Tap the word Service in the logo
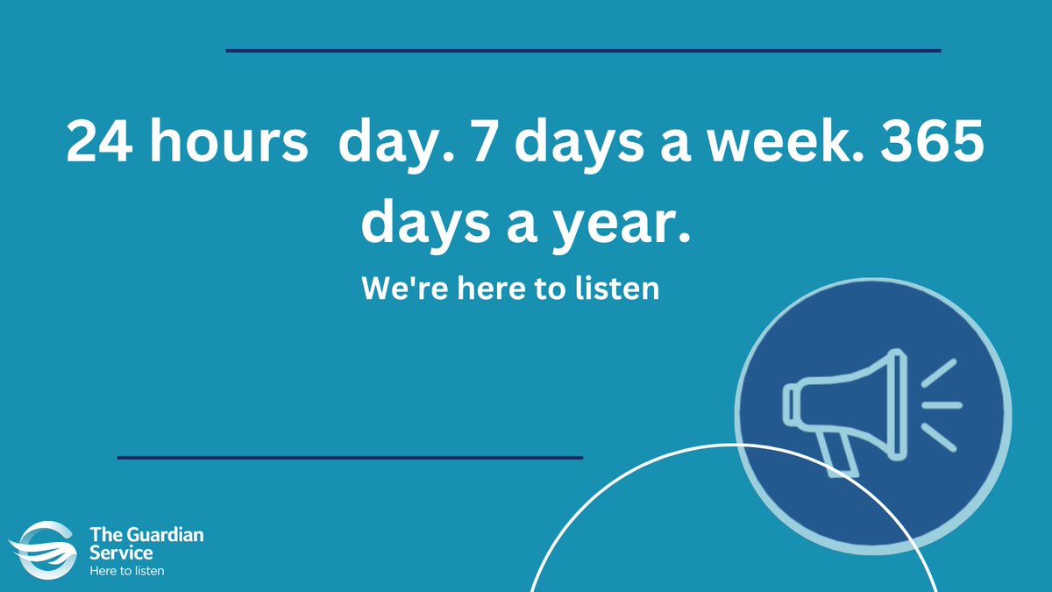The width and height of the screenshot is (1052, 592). pyautogui.click(x=120, y=553)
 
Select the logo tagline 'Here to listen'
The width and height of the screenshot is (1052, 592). pyautogui.click(x=127, y=571)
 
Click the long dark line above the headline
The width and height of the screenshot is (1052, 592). pyautogui.click(x=583, y=51)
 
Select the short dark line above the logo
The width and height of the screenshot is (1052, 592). pyautogui.click(x=350, y=457)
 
